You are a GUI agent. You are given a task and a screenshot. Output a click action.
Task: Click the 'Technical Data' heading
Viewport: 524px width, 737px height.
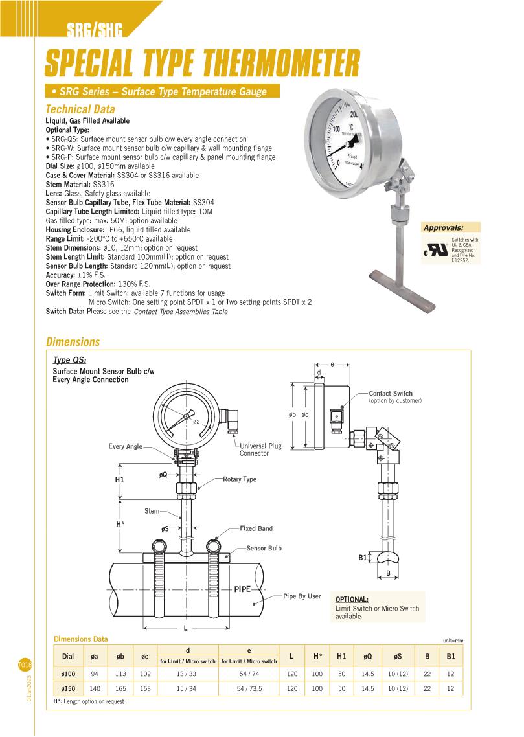point(80,109)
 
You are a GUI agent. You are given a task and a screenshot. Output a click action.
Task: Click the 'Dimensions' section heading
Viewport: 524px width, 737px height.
point(73,342)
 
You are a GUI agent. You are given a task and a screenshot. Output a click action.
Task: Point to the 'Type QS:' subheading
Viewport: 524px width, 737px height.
point(69,360)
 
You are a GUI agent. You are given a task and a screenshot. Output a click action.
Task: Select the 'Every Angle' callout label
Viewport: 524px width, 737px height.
point(125,447)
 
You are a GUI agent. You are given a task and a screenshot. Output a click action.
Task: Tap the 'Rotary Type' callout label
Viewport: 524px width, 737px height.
point(240,479)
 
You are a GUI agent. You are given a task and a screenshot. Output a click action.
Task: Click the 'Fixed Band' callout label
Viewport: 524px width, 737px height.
point(256,528)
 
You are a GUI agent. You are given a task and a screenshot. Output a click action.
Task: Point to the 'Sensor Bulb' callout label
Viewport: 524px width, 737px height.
point(264,549)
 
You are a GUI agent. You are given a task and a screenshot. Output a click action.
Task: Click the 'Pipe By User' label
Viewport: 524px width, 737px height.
point(302,596)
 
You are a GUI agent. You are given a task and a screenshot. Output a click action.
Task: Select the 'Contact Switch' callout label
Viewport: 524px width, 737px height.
point(391,394)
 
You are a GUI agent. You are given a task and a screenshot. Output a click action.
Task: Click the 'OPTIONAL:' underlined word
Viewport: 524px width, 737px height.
point(352,599)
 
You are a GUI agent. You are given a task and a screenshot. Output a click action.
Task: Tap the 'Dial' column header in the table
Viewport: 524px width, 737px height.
point(67,656)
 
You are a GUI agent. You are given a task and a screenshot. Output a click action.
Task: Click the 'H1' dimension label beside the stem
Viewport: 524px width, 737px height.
point(119,479)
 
